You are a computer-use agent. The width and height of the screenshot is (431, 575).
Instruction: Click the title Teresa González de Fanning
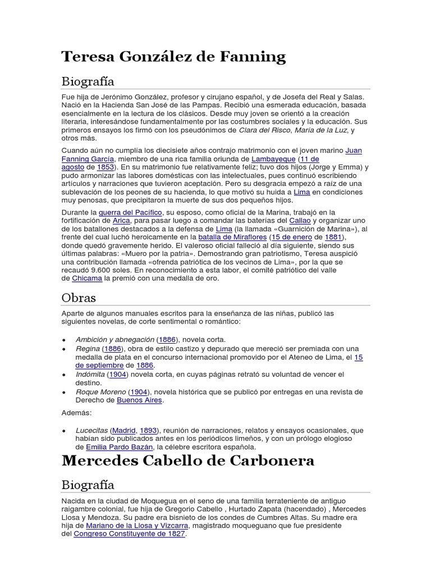(x=173, y=57)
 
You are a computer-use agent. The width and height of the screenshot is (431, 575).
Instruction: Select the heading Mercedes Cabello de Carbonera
(x=188, y=461)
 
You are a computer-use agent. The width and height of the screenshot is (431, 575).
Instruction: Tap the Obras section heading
(x=79, y=298)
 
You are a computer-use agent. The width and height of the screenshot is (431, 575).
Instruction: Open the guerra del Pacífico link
(x=131, y=212)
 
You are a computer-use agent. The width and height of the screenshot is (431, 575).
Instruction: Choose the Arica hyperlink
(x=121, y=221)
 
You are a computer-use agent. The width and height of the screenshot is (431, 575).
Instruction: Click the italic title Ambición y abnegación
(x=115, y=340)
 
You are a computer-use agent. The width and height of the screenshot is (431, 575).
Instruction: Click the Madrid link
(x=124, y=431)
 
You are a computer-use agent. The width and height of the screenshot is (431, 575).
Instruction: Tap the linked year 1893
(x=149, y=431)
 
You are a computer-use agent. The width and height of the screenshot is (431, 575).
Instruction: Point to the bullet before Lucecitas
(x=64, y=431)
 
